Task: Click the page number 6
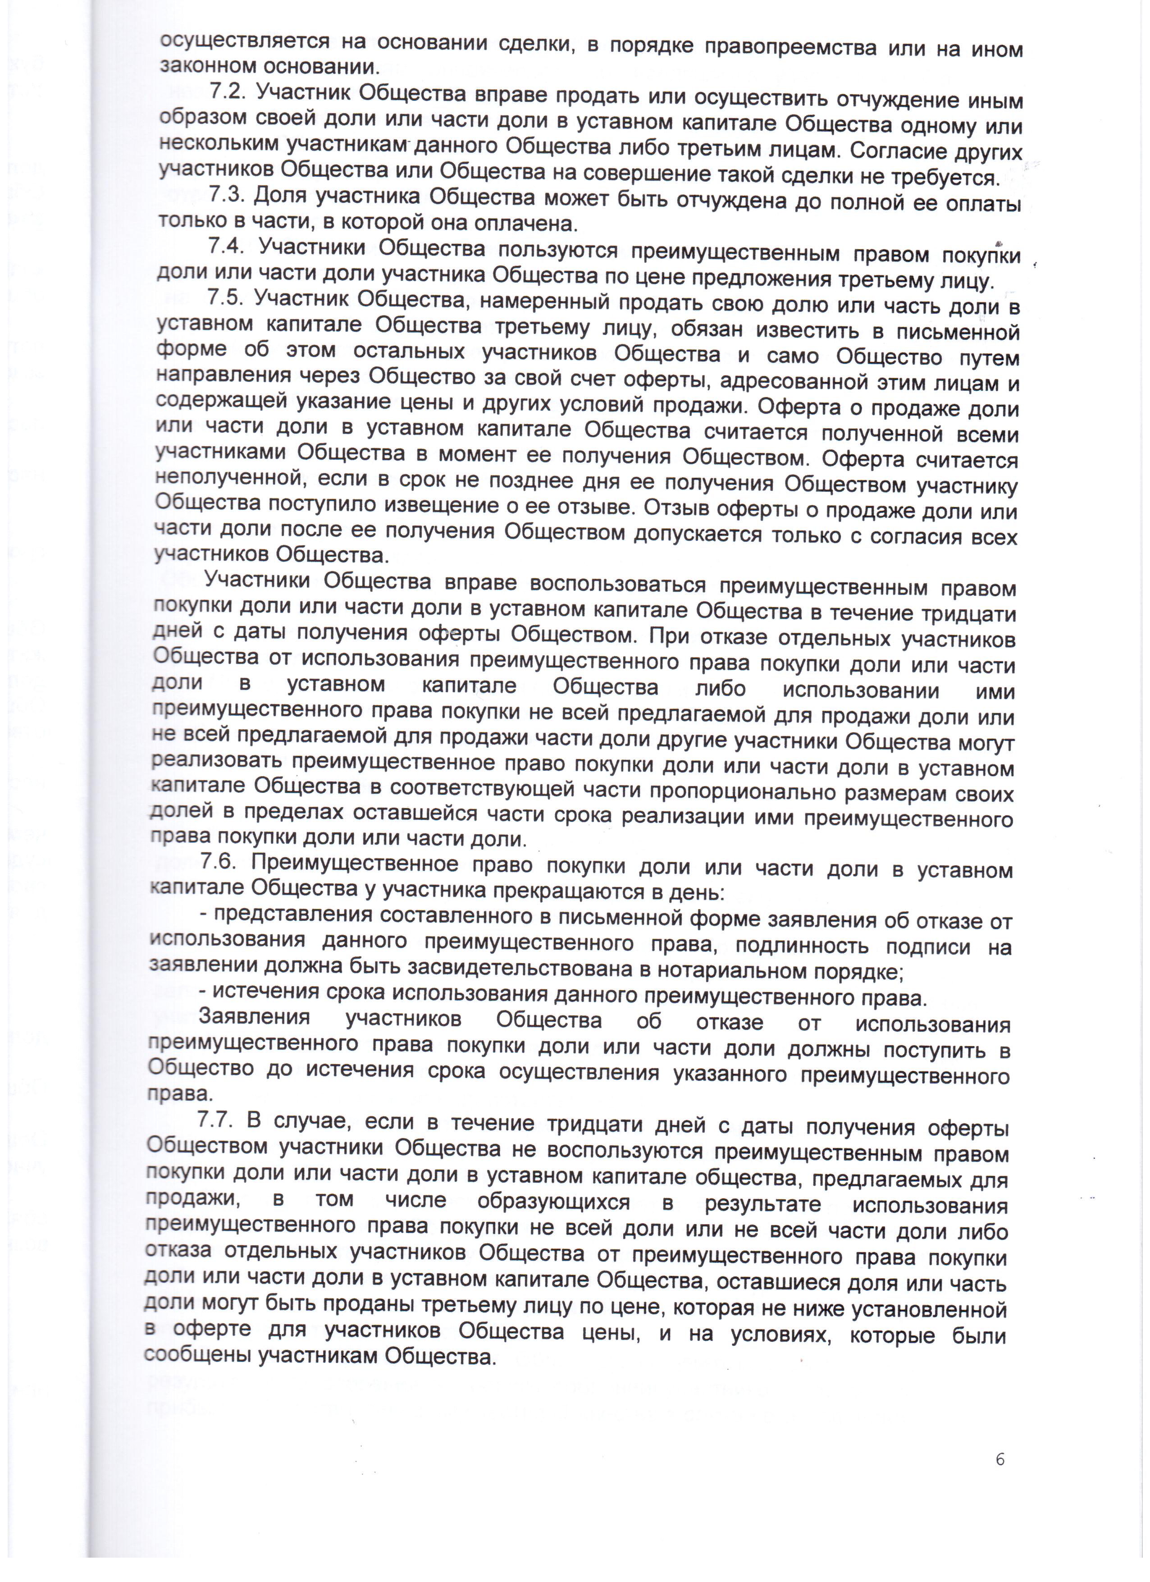pyautogui.click(x=999, y=1459)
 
